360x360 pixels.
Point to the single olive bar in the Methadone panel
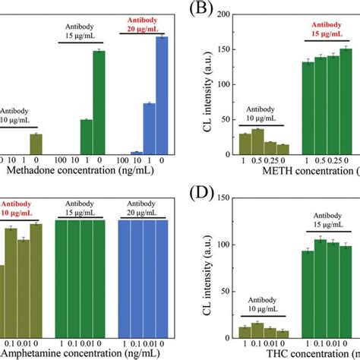click(36, 144)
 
